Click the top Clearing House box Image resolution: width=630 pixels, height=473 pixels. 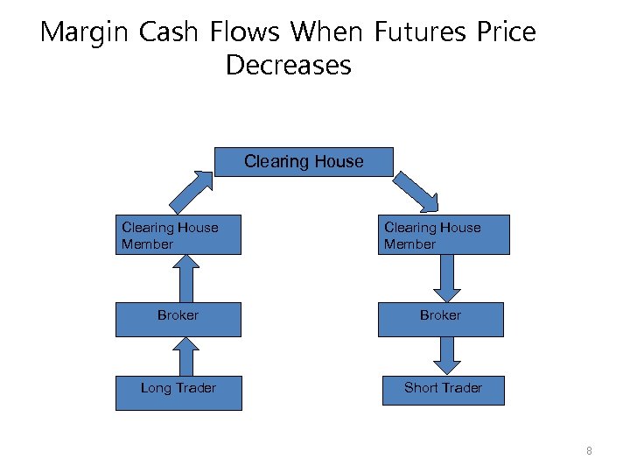(x=304, y=162)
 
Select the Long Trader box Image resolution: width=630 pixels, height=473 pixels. (x=178, y=388)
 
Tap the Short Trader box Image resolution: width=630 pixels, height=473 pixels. (x=443, y=388)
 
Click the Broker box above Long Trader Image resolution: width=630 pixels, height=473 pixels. (x=178, y=316)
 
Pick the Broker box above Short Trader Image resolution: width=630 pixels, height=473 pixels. (x=440, y=316)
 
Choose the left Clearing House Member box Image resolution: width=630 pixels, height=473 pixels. (x=178, y=236)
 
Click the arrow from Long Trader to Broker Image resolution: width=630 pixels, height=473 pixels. (x=185, y=357)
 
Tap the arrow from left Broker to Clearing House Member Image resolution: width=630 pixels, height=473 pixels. (x=185, y=278)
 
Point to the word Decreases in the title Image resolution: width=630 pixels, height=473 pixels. (x=288, y=66)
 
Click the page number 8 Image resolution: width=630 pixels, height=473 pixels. (x=589, y=451)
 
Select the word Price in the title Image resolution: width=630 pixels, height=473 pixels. (x=507, y=32)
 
